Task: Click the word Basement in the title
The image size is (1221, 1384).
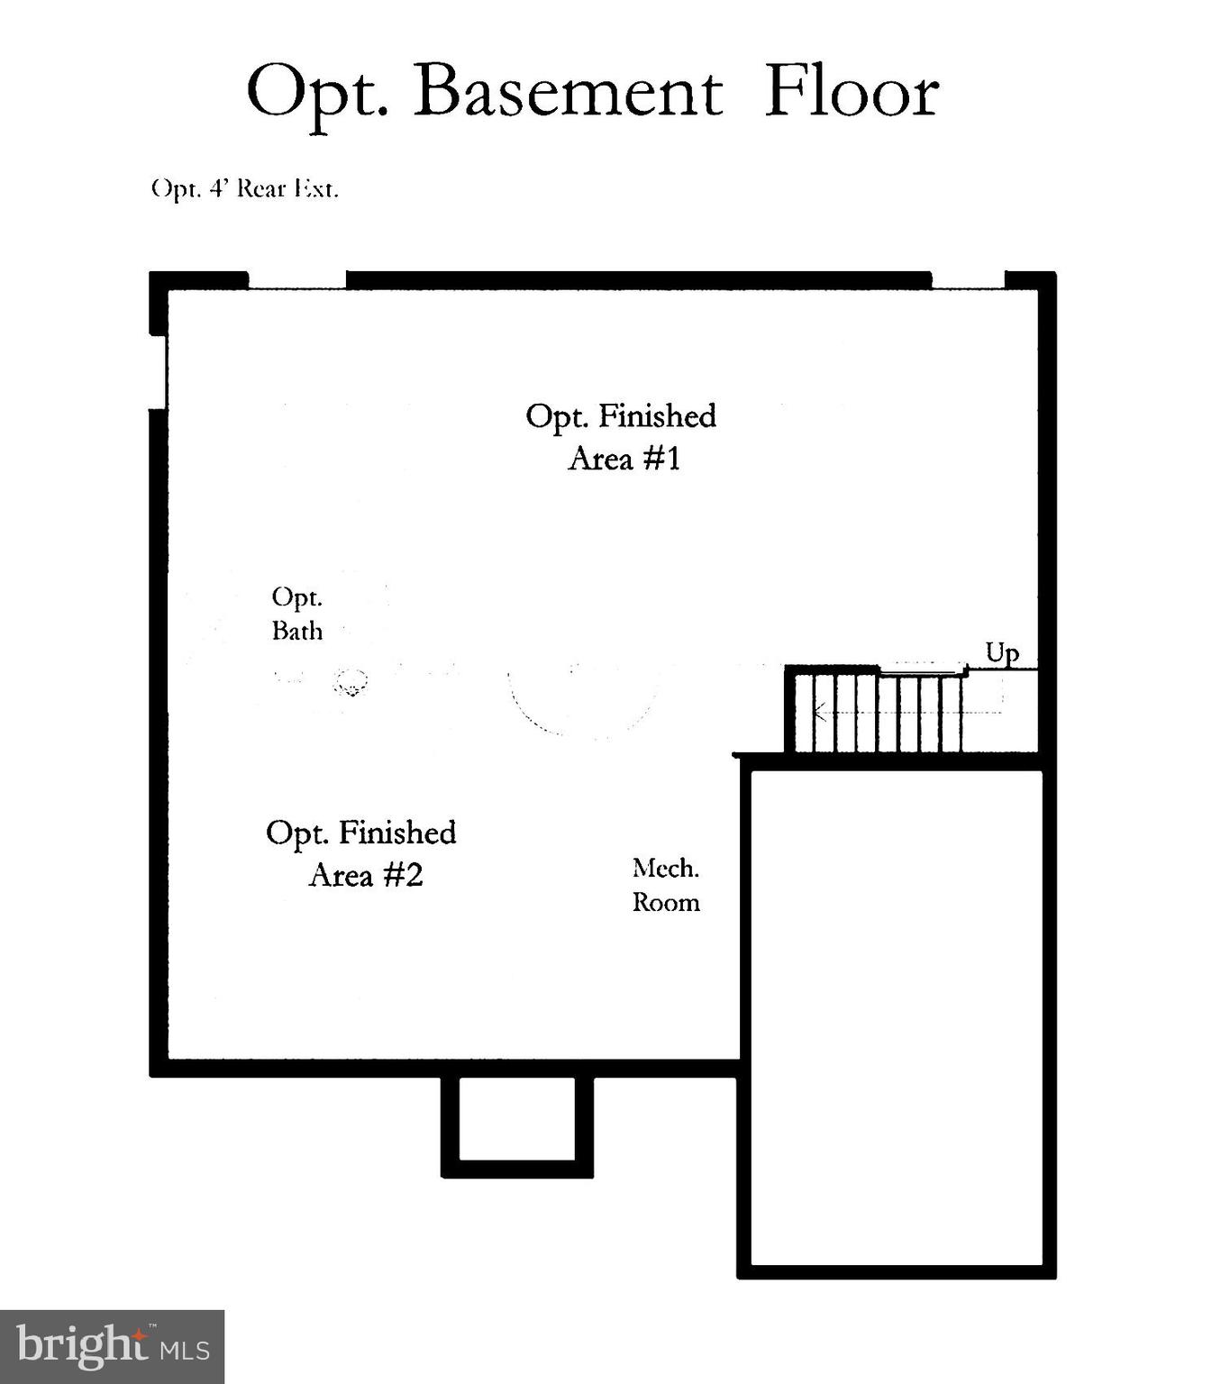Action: [x=568, y=92]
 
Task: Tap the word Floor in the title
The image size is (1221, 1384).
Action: [x=852, y=92]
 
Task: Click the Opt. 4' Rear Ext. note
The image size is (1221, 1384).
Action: [x=244, y=189]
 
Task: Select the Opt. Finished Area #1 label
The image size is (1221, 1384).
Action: [x=621, y=437]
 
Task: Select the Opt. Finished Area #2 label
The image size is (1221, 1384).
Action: [x=361, y=853]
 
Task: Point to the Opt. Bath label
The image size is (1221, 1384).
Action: [x=297, y=614]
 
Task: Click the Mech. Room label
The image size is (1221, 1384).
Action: [x=666, y=885]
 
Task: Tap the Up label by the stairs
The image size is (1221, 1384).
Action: [x=1002, y=652]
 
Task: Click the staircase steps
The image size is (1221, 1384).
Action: [x=874, y=712]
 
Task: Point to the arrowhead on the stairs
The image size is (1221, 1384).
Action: [x=818, y=712]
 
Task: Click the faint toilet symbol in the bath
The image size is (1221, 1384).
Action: [x=351, y=682]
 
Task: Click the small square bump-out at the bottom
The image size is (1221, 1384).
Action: [x=517, y=1119]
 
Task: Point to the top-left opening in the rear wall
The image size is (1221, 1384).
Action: [x=296, y=280]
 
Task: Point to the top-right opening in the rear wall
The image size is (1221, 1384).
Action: [x=968, y=280]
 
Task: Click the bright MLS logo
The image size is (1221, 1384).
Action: [x=112, y=1346]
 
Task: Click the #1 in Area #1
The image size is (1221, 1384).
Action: [x=662, y=459]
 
